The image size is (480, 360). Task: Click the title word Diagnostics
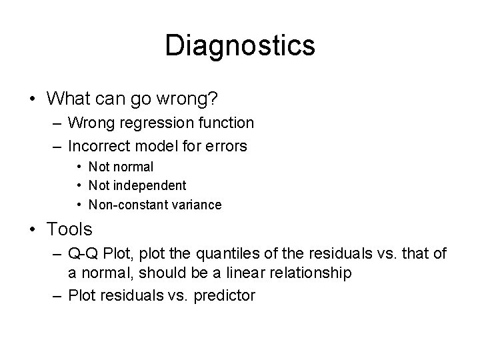[x=240, y=45]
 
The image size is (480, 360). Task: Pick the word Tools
[x=70, y=230]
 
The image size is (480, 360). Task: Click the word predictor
[x=225, y=295]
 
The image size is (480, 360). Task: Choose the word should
[x=146, y=273]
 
